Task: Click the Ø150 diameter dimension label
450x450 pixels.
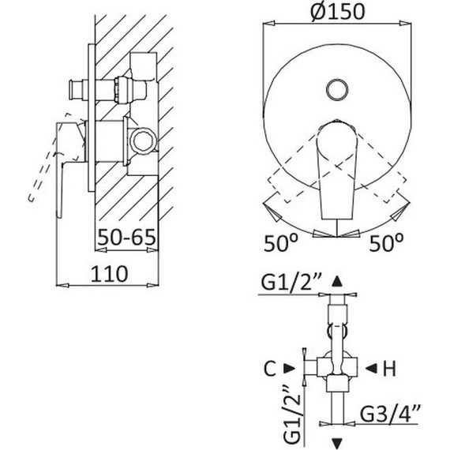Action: point(338,11)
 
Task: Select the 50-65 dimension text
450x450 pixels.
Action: point(126,238)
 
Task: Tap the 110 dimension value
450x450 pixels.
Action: point(110,274)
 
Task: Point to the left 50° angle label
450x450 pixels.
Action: point(281,243)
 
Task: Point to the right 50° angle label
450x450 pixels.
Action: point(386,243)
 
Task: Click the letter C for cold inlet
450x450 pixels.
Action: point(270,369)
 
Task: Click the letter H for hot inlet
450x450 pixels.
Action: point(389,369)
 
